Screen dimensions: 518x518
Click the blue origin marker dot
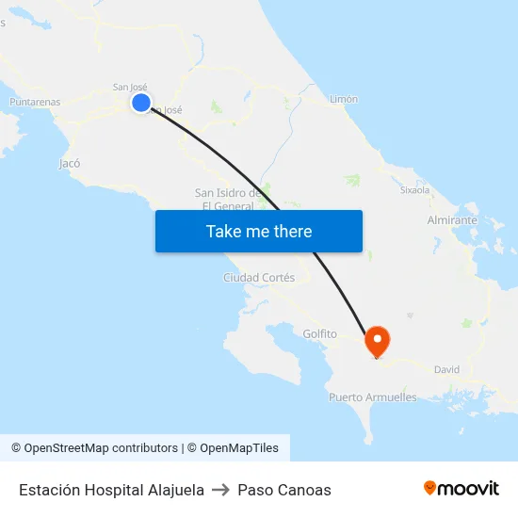point(141,104)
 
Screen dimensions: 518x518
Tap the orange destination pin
point(378,341)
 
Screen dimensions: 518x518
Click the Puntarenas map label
point(35,102)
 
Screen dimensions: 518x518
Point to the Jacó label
point(70,163)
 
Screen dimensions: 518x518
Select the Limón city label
point(344,99)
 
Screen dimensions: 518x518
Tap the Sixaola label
point(414,189)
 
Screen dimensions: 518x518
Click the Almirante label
point(452,219)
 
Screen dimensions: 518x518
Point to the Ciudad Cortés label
point(259,278)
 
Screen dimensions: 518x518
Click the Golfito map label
point(320,333)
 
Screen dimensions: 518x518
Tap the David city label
point(446,369)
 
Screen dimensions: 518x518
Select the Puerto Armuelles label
point(372,397)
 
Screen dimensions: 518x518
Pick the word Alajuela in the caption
point(176,490)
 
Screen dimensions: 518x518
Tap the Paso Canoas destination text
point(284,490)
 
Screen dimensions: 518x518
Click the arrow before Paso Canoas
point(220,490)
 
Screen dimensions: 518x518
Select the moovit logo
point(461,488)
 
